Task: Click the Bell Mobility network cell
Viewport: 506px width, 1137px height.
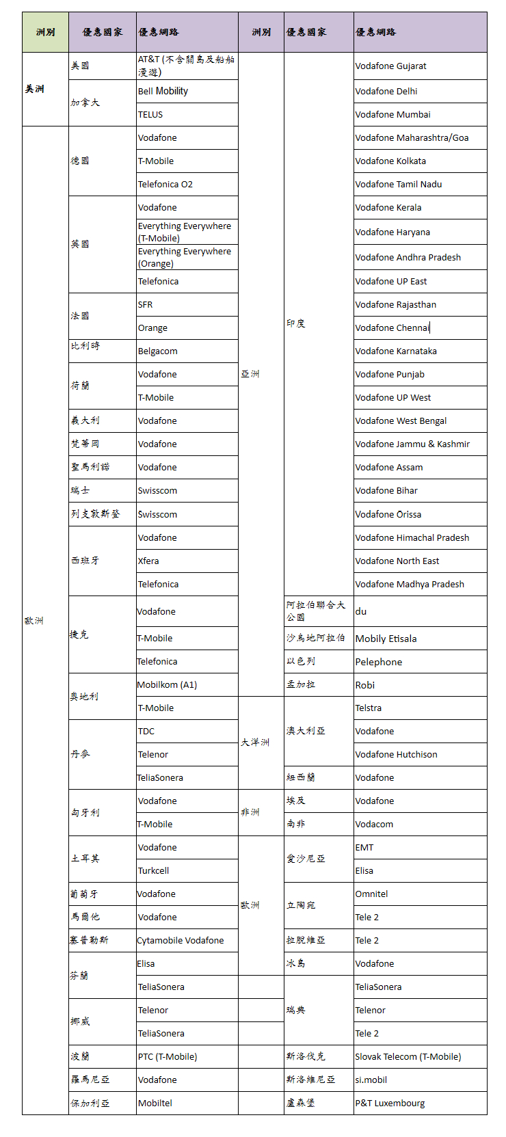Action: (187, 92)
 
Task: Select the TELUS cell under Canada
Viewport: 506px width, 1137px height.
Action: (187, 115)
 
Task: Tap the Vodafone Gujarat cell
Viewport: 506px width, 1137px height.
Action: (420, 66)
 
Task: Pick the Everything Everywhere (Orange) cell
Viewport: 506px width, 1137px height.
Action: (187, 258)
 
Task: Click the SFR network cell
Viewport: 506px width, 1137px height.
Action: (187, 305)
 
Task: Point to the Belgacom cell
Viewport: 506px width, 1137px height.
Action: (187, 351)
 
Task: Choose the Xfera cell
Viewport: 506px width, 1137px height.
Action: (187, 561)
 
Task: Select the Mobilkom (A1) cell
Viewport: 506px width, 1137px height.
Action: (187, 685)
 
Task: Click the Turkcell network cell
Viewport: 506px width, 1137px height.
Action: (187, 871)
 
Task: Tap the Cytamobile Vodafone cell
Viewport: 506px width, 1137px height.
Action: (187, 941)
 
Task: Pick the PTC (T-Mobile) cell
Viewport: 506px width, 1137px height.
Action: (187, 1057)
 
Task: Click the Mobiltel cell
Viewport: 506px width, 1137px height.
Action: (187, 1103)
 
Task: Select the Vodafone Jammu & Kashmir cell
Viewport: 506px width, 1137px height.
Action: (420, 444)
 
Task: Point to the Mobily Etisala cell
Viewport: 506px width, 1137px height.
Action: (420, 639)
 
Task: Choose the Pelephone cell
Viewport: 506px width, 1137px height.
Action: (420, 662)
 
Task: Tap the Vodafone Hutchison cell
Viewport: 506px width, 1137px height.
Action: (420, 755)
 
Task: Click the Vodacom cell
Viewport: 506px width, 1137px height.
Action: (420, 825)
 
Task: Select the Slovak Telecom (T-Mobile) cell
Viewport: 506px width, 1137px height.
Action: (420, 1057)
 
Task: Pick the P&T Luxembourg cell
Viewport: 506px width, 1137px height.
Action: (420, 1103)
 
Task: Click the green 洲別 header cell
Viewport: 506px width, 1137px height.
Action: (45, 32)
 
